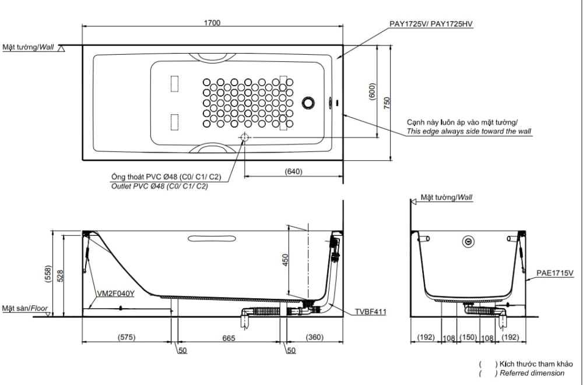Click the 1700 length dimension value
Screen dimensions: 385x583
[212, 23]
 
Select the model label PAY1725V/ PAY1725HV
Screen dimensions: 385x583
[431, 24]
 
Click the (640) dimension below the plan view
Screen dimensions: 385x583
[293, 171]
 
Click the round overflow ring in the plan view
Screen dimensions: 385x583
[308, 103]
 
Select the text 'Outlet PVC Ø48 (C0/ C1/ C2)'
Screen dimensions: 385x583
[159, 186]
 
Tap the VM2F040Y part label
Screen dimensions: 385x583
[117, 294]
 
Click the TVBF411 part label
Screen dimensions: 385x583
[370, 312]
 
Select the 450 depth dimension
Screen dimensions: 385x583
[285, 260]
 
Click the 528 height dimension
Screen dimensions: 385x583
[60, 275]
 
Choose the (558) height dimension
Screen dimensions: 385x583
[48, 275]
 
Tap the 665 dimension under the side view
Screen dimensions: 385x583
[229, 338]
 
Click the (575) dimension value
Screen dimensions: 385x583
[127, 338]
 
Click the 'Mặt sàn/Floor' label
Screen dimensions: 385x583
[24, 308]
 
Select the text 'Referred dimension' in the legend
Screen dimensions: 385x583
[532, 373]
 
